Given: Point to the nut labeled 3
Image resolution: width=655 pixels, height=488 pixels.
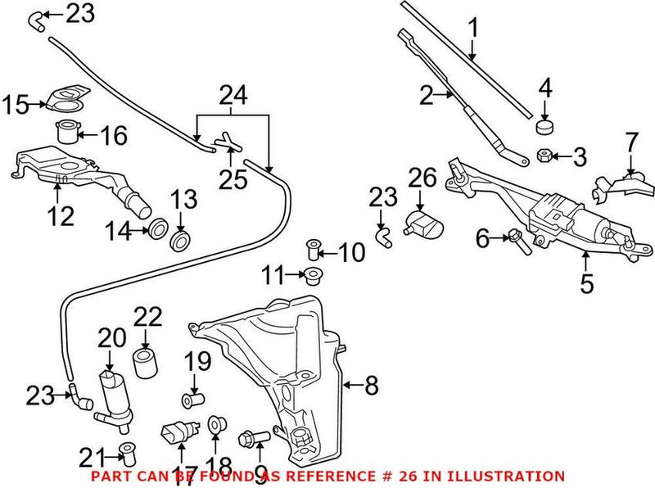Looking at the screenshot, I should (x=544, y=153).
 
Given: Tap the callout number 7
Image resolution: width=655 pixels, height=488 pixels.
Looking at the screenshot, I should (x=630, y=142).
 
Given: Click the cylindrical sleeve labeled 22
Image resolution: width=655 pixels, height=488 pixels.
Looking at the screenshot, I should (x=146, y=361).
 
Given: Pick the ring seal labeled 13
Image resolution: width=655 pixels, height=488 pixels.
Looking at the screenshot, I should (x=180, y=241).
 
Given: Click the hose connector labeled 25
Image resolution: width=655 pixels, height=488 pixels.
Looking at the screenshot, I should (x=227, y=145).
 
